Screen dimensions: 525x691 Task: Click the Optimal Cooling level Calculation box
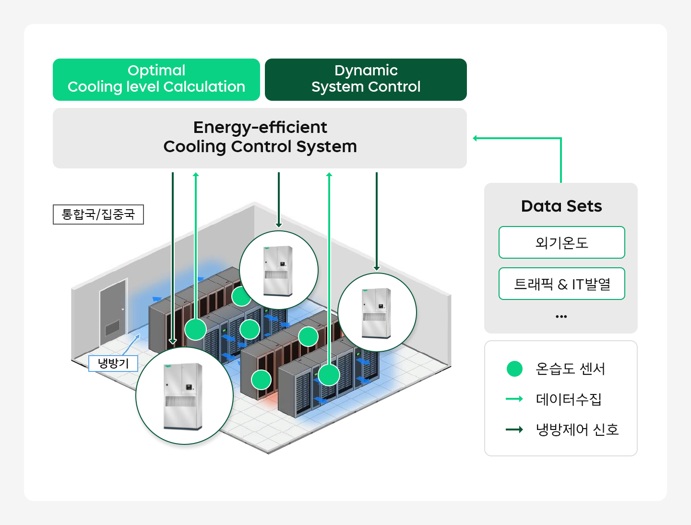156,80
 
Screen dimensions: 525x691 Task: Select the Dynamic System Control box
366,80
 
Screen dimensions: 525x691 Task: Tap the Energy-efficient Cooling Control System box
260,138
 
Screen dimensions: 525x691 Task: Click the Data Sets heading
561,206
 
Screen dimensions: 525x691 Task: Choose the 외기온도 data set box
561,242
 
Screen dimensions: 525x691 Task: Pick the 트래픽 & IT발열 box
561,284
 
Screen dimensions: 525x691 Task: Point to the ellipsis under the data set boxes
561,317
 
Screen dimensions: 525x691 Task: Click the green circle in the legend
514,369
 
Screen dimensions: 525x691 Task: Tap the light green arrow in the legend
514,399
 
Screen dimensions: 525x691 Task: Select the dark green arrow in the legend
514,430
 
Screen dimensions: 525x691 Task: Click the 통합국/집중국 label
98,215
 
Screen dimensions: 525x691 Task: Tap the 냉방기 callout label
113,363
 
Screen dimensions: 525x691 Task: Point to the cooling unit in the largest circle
183,396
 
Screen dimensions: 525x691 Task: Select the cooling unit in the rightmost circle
377,313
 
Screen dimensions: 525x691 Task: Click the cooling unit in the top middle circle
278,271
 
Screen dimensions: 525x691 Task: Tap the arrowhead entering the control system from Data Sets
475,138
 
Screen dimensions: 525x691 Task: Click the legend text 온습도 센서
570,369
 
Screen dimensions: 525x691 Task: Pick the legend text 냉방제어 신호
577,430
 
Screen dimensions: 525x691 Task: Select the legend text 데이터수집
568,399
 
